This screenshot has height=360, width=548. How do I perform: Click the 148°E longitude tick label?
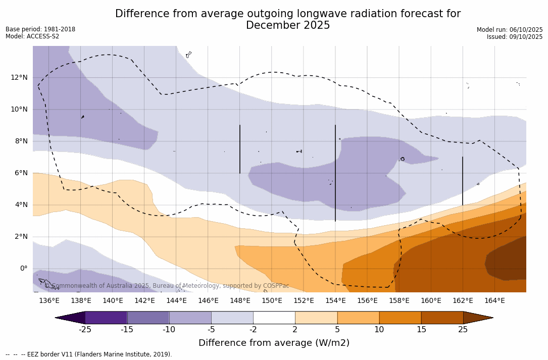coord(240,301)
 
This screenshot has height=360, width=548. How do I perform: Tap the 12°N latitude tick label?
coord(20,77)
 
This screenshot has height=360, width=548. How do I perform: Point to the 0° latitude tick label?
coord(23,269)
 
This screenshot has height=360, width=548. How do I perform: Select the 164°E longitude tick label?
coord(494,301)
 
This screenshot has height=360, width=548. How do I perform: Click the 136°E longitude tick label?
coord(49,301)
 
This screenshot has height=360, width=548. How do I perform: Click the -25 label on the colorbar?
coord(85,330)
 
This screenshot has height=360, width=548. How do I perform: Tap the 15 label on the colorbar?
coord(421,330)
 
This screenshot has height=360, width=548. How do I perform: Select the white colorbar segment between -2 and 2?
coord(274,318)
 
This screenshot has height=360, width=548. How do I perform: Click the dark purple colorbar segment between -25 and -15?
coord(106,318)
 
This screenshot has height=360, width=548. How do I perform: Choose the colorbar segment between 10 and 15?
coord(400,318)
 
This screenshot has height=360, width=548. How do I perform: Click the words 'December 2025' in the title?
coord(288,25)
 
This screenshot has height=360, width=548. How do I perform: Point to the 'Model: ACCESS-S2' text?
coord(32,36)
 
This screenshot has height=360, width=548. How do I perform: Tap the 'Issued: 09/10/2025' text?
coord(515,37)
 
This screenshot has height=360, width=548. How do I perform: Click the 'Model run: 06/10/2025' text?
coord(510,30)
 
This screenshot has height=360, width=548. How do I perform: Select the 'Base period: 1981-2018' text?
coord(40,29)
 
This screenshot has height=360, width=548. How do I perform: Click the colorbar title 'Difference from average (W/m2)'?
coord(274,343)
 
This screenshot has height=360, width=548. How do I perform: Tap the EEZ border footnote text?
coord(89,354)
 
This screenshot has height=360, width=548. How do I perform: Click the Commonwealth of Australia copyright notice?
coord(167,286)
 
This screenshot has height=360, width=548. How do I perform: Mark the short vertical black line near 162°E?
coord(463,181)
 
